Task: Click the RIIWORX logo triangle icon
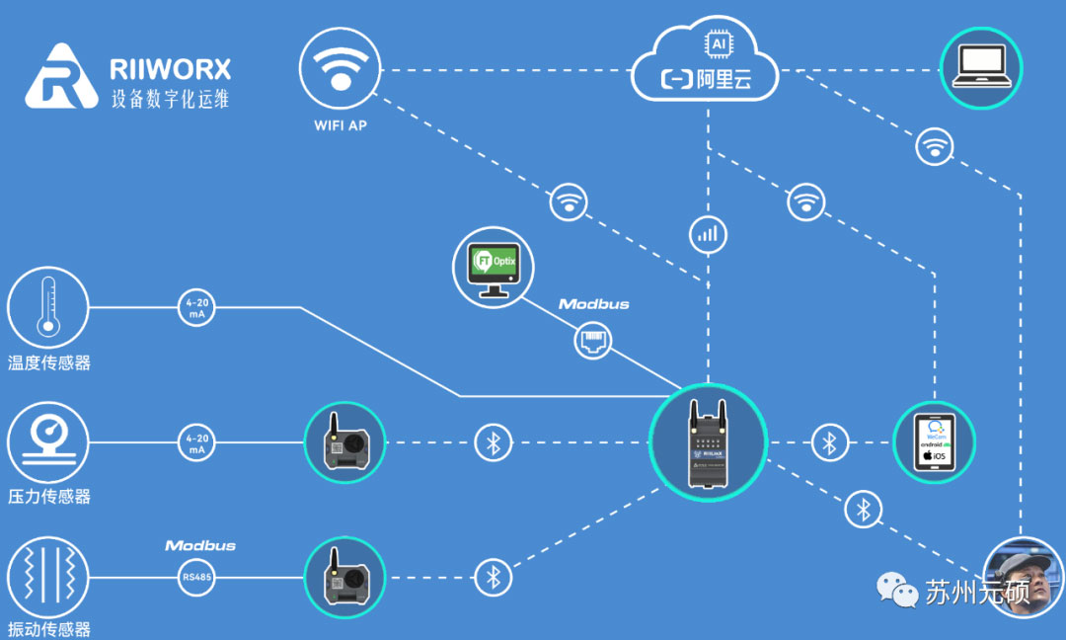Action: [62, 76]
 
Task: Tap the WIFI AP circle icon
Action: [341, 68]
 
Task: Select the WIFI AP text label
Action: [341, 126]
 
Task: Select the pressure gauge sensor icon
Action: [48, 440]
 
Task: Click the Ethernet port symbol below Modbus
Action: [592, 343]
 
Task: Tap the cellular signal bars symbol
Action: [708, 234]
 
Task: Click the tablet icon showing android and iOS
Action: [934, 442]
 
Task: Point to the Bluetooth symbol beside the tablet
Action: [830, 442]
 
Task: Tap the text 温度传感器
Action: [49, 363]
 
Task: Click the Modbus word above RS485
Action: [200, 545]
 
